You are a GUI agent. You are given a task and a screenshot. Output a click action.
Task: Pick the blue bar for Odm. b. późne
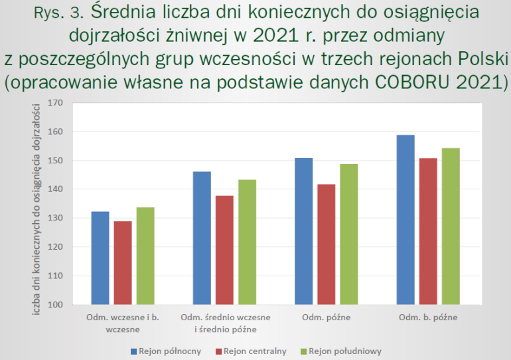405,220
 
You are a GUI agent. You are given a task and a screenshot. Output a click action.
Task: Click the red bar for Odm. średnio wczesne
224,250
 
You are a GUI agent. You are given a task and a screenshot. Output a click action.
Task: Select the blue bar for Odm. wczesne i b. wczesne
100,258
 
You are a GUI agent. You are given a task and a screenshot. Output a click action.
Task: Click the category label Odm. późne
326,317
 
